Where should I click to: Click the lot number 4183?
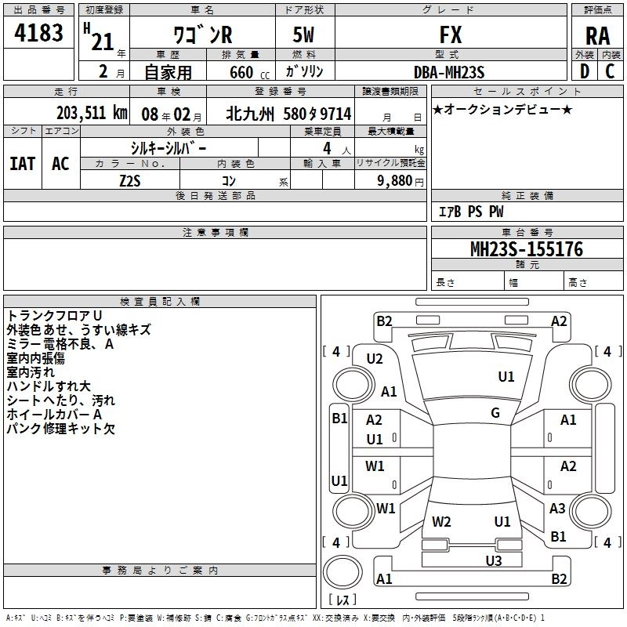[x=38, y=35]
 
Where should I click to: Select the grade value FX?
[x=451, y=35]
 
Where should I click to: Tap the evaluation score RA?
[x=597, y=36]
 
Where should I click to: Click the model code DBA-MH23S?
[x=450, y=72]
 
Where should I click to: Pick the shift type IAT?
[x=23, y=164]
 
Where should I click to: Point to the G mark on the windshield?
[x=495, y=413]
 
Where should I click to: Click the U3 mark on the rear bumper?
[x=493, y=560]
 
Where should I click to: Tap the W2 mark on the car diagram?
[x=442, y=521]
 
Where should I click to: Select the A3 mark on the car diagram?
[x=557, y=509]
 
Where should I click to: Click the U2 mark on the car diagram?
[x=375, y=359]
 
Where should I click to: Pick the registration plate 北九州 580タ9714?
[x=288, y=114]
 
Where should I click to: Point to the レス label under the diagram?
[x=342, y=600]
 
